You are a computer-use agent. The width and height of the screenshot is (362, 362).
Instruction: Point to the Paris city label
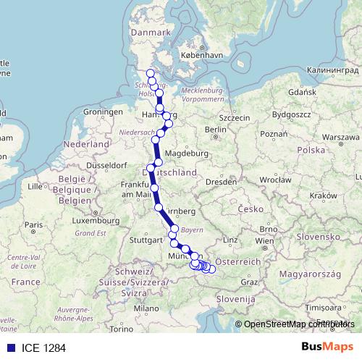pos(32,224)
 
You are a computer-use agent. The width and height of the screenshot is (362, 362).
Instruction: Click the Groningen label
pos(104,112)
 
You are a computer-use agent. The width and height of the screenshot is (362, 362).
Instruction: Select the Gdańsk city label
pos(300,93)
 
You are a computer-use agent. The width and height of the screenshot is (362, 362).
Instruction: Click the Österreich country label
pos(237,261)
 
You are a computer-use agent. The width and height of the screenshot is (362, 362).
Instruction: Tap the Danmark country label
pos(150,33)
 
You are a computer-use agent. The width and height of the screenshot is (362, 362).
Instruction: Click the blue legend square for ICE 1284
pos(8,348)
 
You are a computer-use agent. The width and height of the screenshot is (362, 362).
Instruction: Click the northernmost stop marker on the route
pos(151,73)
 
